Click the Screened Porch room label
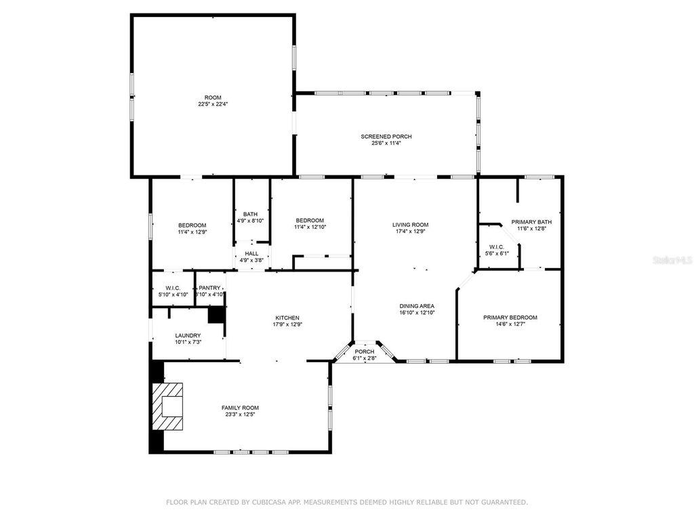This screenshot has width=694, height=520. click(386, 137)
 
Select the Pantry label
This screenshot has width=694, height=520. click(209, 288)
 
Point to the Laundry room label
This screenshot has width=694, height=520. click(188, 335)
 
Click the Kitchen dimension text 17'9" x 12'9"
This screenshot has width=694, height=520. click(287, 324)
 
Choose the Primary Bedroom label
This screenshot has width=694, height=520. click(510, 318)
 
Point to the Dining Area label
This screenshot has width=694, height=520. click(417, 306)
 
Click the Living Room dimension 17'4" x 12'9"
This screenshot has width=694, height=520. click(411, 232)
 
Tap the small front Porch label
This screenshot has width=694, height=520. click(365, 351)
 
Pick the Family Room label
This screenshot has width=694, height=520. click(240, 408)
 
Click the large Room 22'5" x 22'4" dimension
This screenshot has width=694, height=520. click(213, 104)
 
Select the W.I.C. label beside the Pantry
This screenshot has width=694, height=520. click(173, 288)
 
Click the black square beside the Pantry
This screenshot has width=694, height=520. click(216, 314)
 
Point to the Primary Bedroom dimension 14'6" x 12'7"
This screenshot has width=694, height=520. click(510, 324)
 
